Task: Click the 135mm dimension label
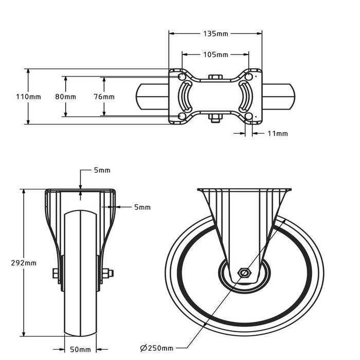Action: pyautogui.click(x=215, y=34)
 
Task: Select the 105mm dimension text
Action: pyautogui.click(x=215, y=55)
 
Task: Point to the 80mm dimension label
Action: pyautogui.click(x=65, y=97)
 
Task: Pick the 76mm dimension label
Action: pyautogui.click(x=104, y=97)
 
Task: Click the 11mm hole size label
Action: pyautogui.click(x=277, y=134)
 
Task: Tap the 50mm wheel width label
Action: pyautogui.click(x=80, y=350)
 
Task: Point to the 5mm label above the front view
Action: pyautogui.click(x=102, y=170)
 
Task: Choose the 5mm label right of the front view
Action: pyautogui.click(x=142, y=207)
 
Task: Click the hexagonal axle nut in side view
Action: pyautogui.click(x=244, y=273)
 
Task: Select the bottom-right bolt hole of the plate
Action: pyautogui.click(x=249, y=117)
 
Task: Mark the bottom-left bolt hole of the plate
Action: pyautogui.click(x=181, y=117)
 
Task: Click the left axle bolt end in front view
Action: pyautogui.click(x=55, y=274)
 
